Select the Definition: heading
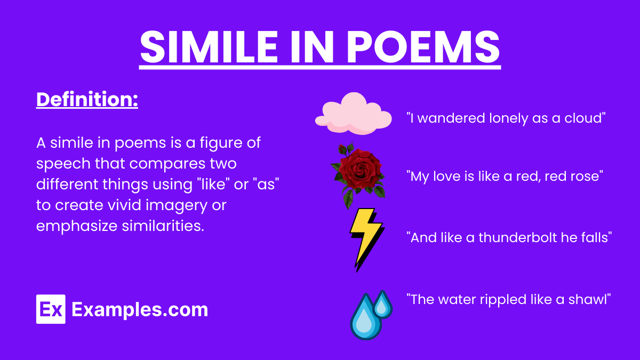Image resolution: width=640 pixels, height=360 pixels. coord(87,100)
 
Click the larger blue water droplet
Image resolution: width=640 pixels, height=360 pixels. coord(365,319)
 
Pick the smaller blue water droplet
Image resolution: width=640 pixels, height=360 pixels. coord(382,303)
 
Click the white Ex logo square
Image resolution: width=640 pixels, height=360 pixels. coord(51,309)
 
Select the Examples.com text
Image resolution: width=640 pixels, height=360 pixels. coord(139,309)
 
